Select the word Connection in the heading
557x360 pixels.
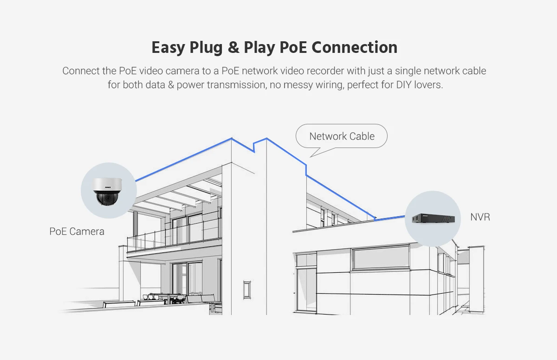click(355, 47)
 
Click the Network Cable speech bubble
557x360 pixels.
click(342, 136)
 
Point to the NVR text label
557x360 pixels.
click(480, 217)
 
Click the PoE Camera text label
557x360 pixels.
click(77, 231)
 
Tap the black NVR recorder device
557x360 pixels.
click(432, 218)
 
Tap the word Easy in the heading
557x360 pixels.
click(168, 47)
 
